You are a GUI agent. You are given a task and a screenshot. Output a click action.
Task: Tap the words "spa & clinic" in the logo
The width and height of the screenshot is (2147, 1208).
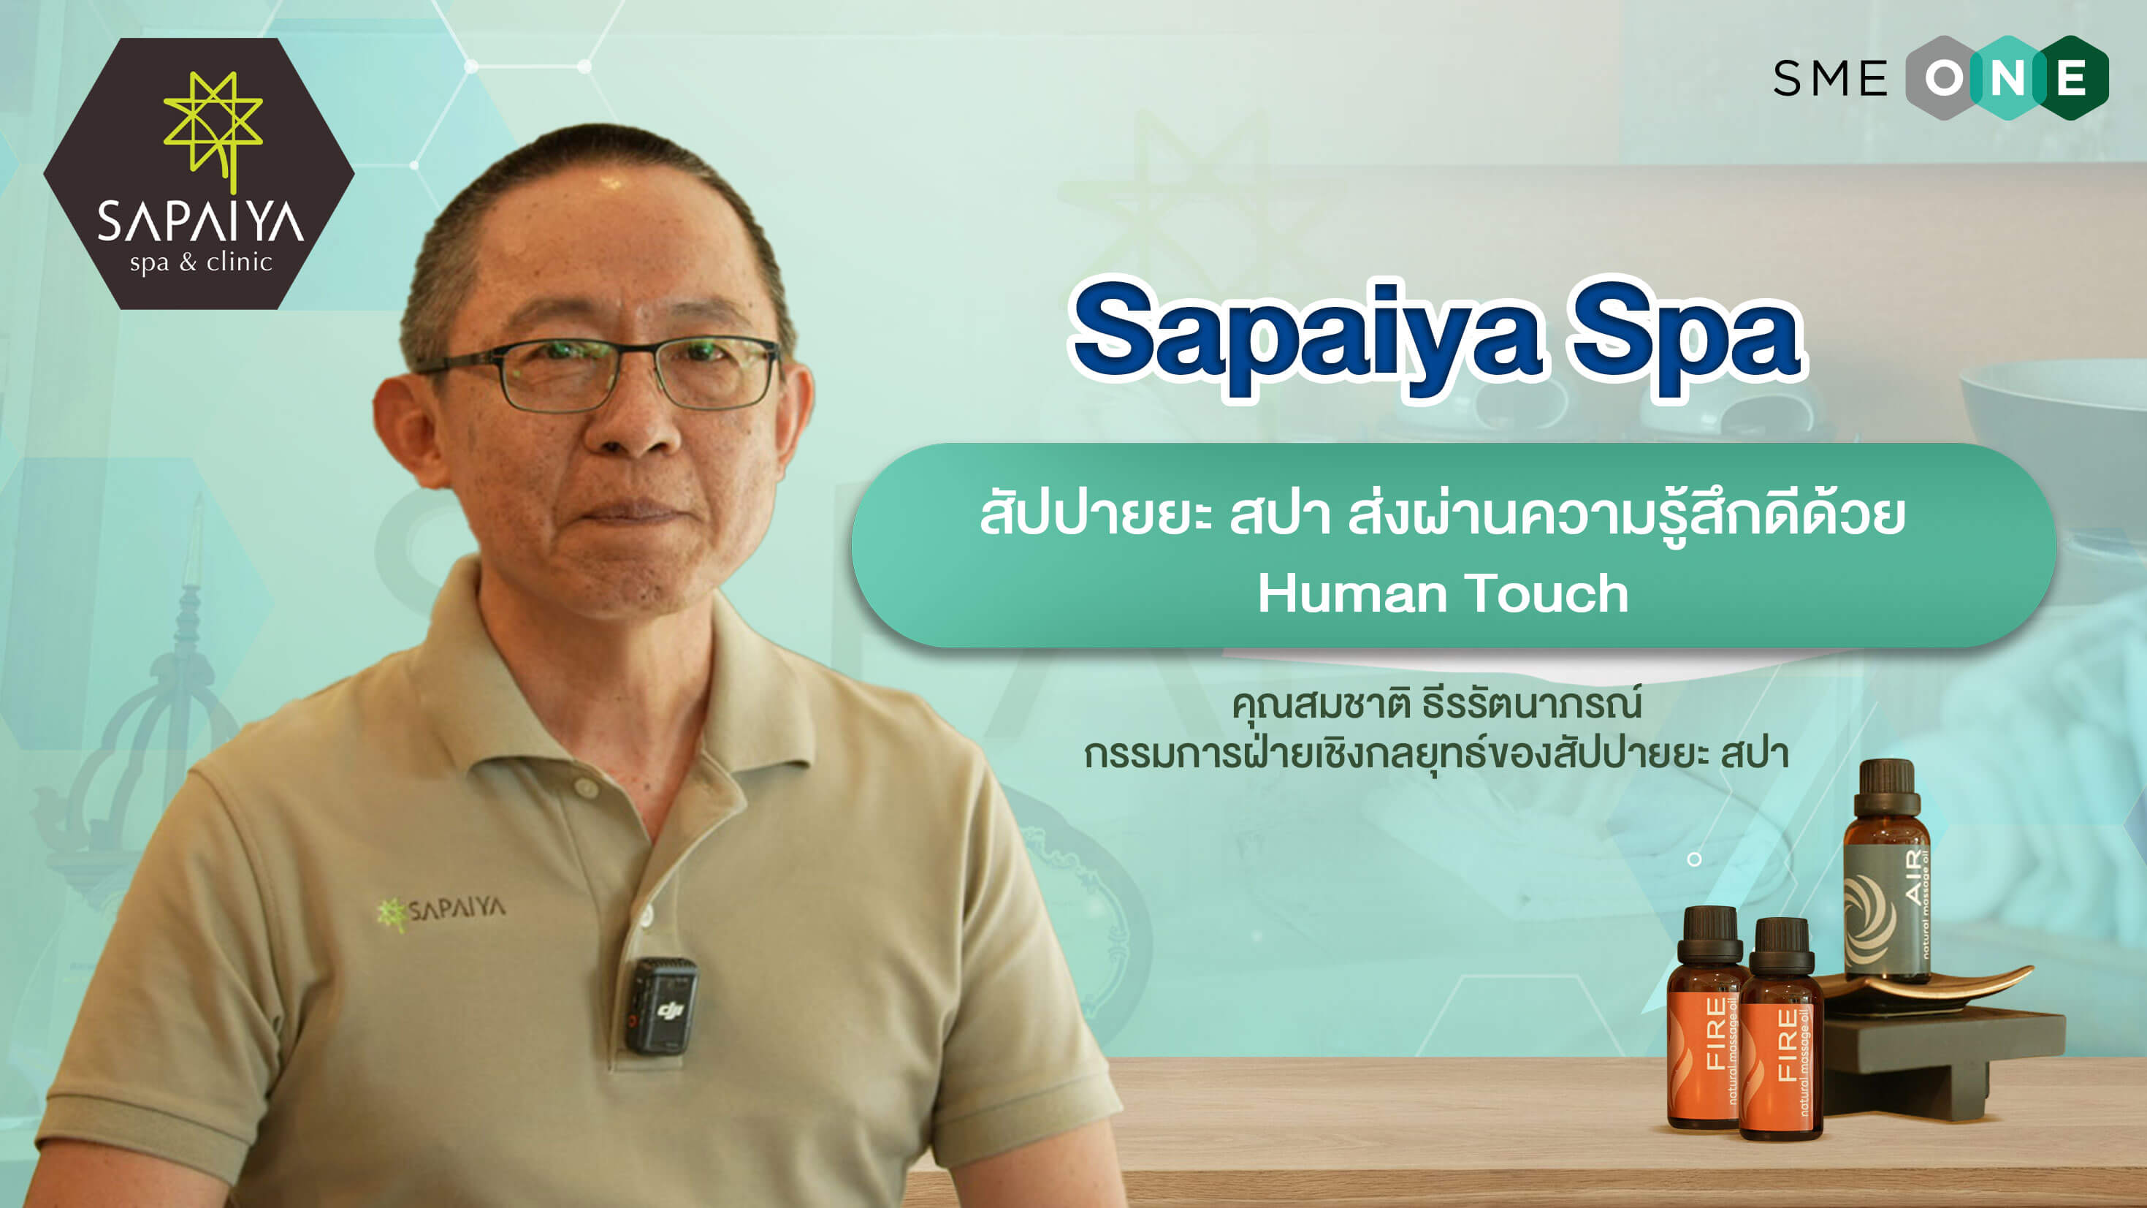[201, 262]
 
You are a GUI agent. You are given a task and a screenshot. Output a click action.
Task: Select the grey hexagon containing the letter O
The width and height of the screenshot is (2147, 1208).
[1944, 78]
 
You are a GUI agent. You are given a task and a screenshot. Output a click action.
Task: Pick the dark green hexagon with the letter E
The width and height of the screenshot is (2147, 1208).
[2072, 78]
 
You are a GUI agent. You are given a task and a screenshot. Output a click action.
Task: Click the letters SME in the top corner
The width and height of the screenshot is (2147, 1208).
[1830, 79]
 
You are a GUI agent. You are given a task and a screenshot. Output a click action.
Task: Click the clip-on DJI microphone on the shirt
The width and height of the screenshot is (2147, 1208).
[661, 1006]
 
